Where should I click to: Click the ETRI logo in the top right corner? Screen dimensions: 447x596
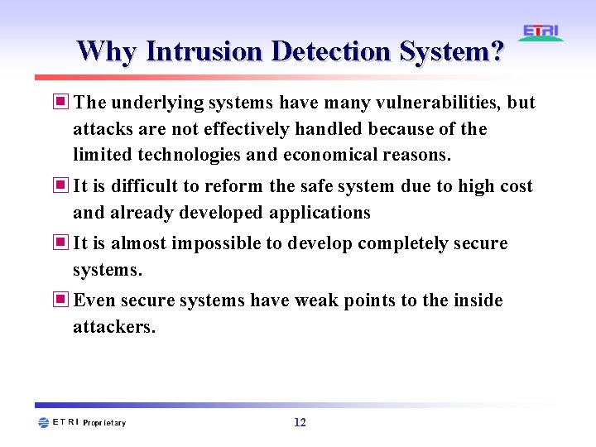pyautogui.click(x=541, y=33)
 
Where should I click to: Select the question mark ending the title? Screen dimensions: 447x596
pyautogui.click(x=496, y=51)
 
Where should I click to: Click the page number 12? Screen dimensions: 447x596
pyautogui.click(x=300, y=422)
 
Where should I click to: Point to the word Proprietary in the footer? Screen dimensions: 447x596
pyautogui.click(x=104, y=423)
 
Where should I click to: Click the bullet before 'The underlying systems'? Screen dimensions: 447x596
pyautogui.click(x=62, y=103)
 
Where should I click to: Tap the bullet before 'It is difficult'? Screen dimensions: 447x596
pyautogui.click(x=62, y=186)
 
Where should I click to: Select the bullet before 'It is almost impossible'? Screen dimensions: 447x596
pyautogui.click(x=62, y=243)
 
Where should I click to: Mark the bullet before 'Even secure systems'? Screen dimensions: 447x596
pyautogui.click(x=62, y=300)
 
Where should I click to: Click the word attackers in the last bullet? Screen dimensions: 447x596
pyautogui.click(x=113, y=327)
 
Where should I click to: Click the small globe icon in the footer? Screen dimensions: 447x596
pyautogui.click(x=43, y=422)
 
